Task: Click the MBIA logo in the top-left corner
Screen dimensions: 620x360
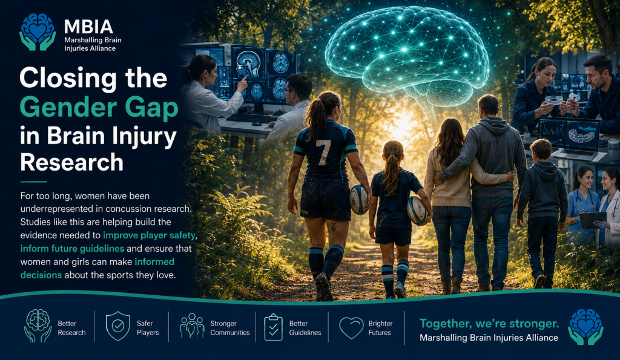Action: coord(38,32)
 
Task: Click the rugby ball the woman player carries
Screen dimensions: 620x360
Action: coord(358,200)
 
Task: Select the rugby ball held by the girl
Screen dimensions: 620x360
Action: coord(417,211)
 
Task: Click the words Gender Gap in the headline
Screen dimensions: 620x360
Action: coord(99,108)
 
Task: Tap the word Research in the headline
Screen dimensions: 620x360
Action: coord(71,162)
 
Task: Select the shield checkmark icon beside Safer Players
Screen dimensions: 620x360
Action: coord(118,326)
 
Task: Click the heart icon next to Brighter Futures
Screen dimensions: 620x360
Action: coord(351,327)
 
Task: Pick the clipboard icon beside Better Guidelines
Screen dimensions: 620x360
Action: coord(273,327)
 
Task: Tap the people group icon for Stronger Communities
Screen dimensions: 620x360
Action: coord(192,326)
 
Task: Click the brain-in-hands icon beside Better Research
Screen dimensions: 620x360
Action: coord(38,326)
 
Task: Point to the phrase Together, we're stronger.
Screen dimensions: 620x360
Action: coord(489,324)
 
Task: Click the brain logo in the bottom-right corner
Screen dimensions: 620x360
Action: coord(585,327)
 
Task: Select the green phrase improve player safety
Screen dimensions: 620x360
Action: coord(149,235)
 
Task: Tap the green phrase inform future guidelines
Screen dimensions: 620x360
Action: coord(72,249)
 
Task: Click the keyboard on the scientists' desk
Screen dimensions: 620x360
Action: coord(251,118)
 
